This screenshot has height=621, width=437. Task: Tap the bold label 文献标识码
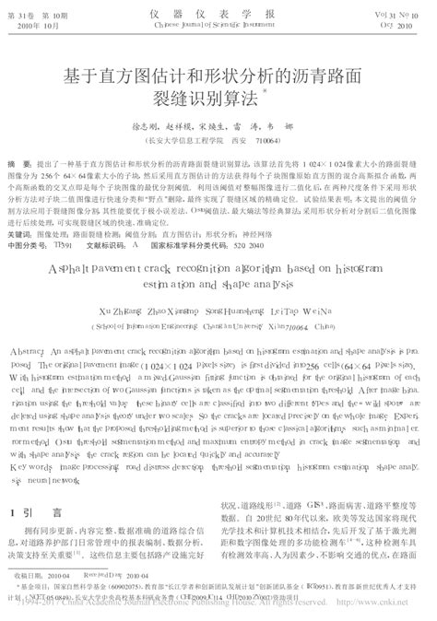click(105, 246)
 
